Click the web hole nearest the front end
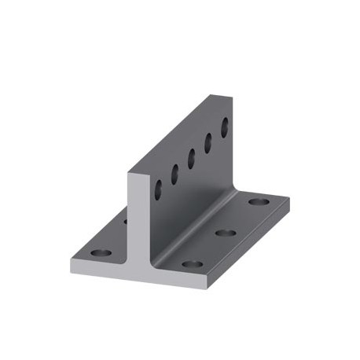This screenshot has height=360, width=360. click(x=158, y=189)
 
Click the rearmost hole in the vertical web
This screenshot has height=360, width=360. click(x=225, y=126)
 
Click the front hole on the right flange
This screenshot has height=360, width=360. click(x=192, y=264)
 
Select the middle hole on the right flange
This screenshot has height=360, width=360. click(x=226, y=233)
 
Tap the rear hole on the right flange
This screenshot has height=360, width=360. click(x=259, y=202)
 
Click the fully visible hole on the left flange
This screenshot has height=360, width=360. click(x=100, y=254)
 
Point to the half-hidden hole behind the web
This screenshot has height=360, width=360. click(x=125, y=221)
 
